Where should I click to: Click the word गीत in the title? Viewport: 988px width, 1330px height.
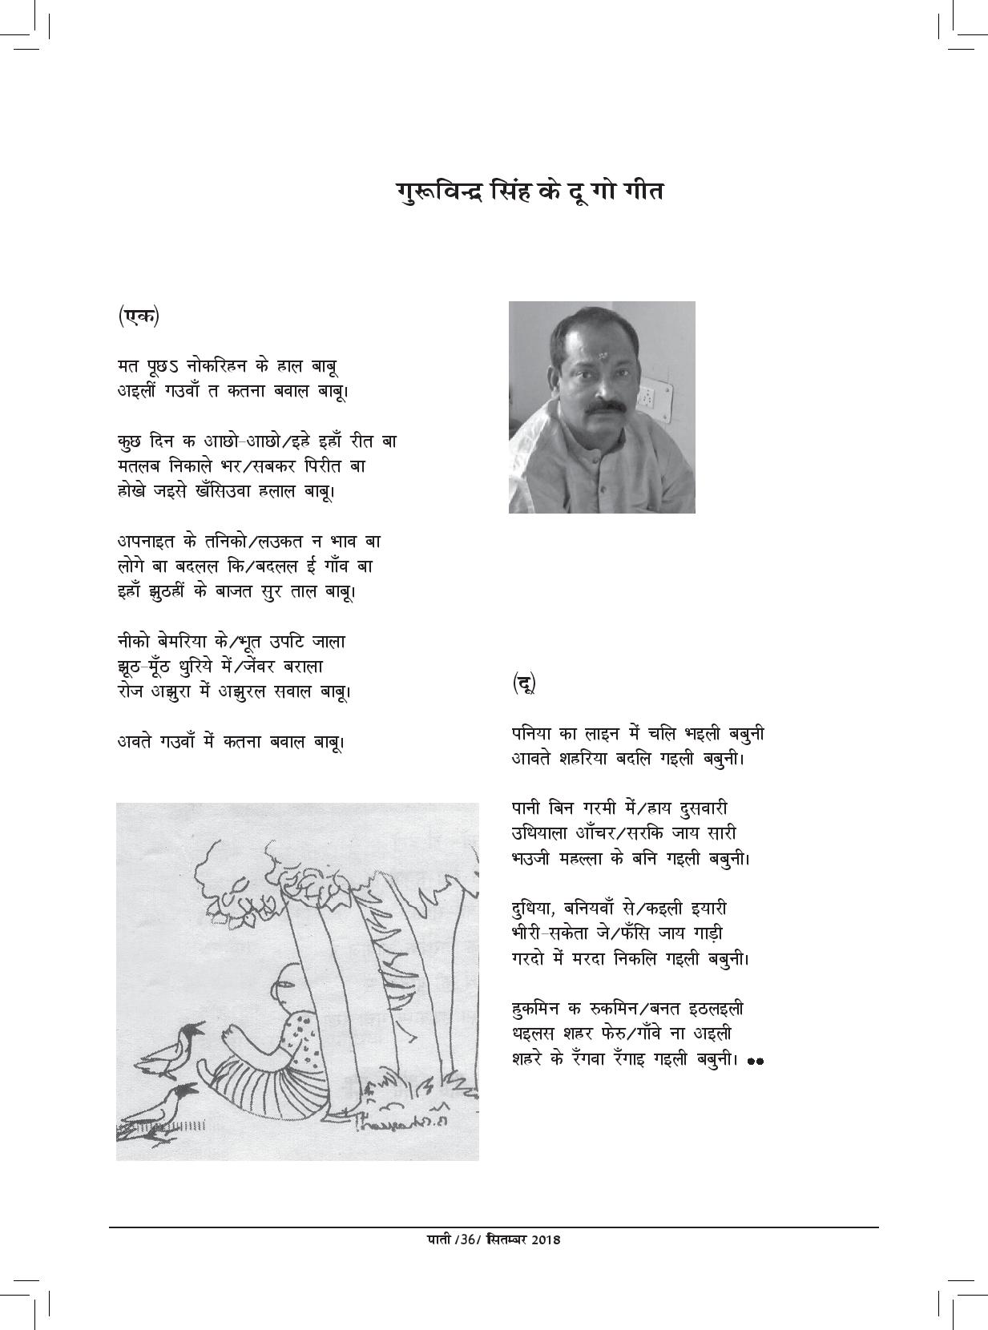pos(636,193)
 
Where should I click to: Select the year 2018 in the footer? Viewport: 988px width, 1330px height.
pos(542,1239)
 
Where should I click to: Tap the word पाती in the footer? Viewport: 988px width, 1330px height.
pos(438,1239)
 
